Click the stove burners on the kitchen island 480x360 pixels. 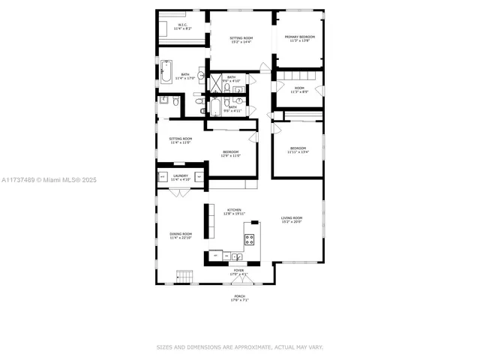tap(249, 240)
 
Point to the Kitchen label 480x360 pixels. tap(234, 211)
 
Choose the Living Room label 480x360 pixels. tap(292, 218)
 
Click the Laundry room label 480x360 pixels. tap(180, 176)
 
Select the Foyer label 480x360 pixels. tap(238, 271)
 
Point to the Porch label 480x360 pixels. tap(239, 297)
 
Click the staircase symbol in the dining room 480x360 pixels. tap(184, 277)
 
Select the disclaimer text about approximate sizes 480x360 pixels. tap(239, 347)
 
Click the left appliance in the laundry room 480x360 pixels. tap(162, 177)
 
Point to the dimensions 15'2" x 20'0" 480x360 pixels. tap(292, 222)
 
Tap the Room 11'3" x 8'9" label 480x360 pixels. tap(299, 89)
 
